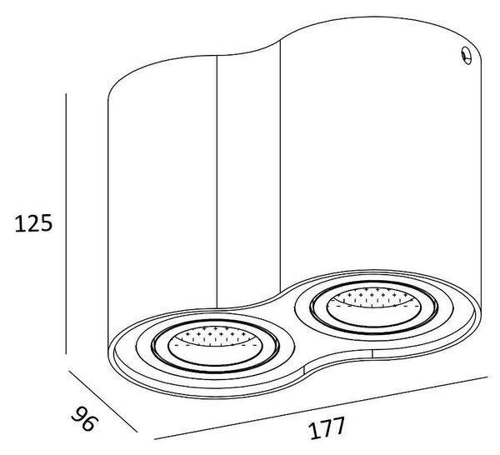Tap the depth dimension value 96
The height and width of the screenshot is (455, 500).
coord(84,418)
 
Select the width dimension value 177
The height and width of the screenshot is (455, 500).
coord(327,427)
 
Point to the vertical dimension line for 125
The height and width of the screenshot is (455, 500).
coord(66,223)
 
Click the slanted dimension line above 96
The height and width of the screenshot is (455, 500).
coord(103,401)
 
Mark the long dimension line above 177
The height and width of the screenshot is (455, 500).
coord(321,408)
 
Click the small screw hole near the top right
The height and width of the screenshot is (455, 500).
coord(467,56)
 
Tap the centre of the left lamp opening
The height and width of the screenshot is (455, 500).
coord(215,346)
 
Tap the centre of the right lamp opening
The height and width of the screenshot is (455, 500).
coord(373,307)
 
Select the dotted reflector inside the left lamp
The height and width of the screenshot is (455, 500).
coord(214,336)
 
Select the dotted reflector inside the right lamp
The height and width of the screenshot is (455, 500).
coord(373,297)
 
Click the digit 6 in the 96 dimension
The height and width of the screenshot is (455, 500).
coord(88,423)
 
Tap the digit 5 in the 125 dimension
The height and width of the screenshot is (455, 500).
coord(45,223)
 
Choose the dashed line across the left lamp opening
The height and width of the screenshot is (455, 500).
coord(215,345)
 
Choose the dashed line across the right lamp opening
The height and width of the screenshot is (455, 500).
coord(373,307)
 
